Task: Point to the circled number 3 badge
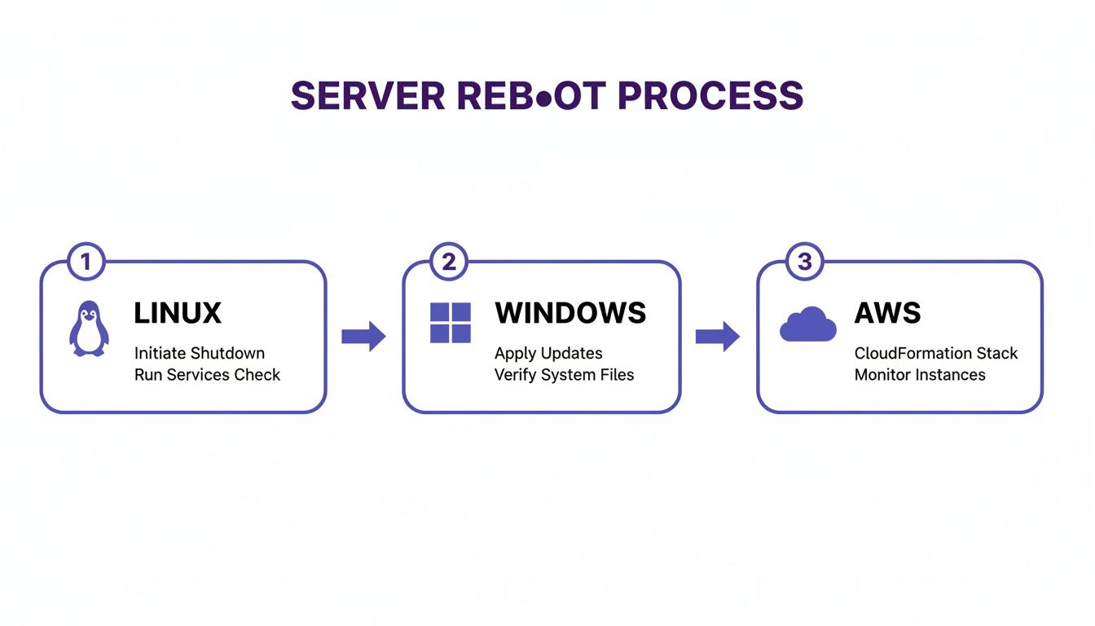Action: (x=804, y=262)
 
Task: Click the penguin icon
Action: (x=87, y=328)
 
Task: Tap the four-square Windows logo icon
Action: (x=450, y=324)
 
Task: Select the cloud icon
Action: (x=807, y=325)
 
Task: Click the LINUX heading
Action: (x=177, y=313)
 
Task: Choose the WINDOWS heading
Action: (x=570, y=313)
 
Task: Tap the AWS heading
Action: (x=887, y=313)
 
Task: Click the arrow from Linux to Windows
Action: (x=363, y=337)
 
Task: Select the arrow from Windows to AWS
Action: (x=717, y=337)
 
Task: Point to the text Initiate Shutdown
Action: (x=199, y=354)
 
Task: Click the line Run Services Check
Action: (x=207, y=375)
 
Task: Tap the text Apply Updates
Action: (x=548, y=354)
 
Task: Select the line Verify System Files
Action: (x=564, y=375)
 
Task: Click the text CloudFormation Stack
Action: (x=936, y=354)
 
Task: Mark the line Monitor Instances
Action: (x=920, y=375)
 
